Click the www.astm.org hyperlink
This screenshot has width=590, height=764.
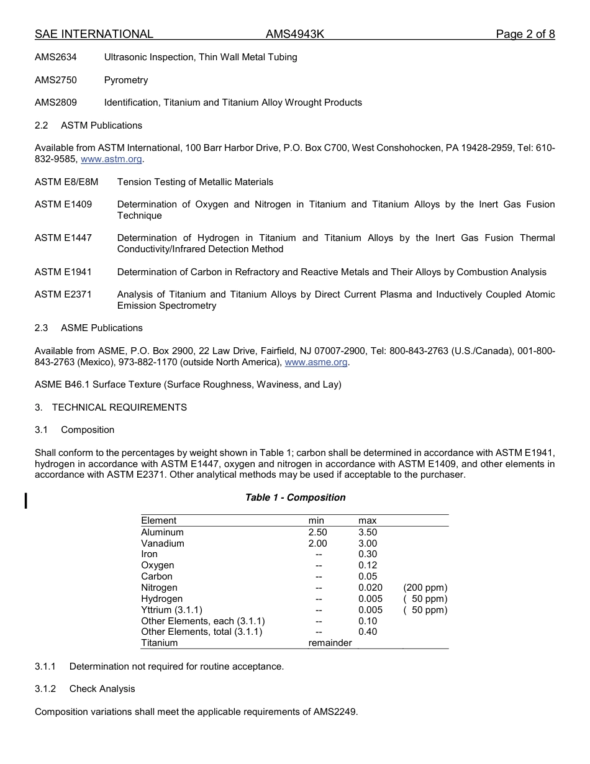click(x=111, y=159)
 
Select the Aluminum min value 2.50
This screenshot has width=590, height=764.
click(x=317, y=532)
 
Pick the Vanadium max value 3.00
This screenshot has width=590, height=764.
click(x=367, y=543)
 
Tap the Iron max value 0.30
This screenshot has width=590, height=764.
click(x=367, y=554)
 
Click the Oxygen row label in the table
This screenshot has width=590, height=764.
click(x=157, y=565)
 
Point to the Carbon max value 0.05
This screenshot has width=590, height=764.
click(x=367, y=576)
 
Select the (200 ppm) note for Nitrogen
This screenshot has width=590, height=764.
click(x=425, y=588)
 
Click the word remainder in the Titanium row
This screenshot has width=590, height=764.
click(x=330, y=643)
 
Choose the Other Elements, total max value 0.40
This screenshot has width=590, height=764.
click(x=367, y=632)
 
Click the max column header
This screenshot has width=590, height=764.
click(x=367, y=521)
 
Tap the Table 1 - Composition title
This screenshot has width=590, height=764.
click(x=295, y=498)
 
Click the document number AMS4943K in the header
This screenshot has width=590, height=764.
click(x=295, y=34)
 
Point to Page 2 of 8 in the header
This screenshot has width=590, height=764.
click(x=525, y=34)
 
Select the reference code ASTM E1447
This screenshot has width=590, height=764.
click(x=63, y=238)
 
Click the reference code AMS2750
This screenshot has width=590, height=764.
click(x=56, y=80)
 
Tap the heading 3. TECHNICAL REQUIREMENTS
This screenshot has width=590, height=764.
click(x=111, y=407)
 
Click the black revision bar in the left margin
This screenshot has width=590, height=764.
click(x=26, y=500)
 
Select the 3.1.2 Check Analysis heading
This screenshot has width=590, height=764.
click(x=85, y=689)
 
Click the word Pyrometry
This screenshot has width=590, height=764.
click(x=126, y=80)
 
